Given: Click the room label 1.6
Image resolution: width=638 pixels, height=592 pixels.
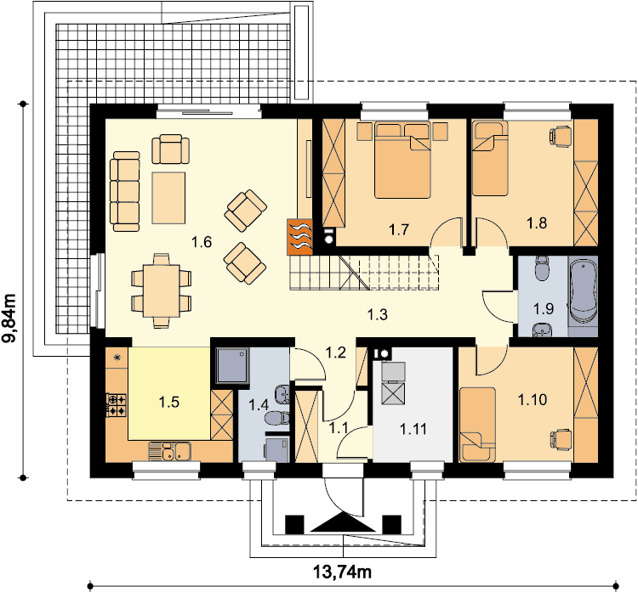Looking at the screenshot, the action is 202,242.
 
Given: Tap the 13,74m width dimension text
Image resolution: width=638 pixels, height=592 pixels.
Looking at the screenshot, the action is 342,572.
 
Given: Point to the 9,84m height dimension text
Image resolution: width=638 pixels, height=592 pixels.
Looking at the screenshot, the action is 9,318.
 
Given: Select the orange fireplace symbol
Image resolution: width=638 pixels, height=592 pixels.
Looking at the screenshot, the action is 299,237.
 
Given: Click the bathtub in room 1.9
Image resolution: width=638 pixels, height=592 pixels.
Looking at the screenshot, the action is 583,291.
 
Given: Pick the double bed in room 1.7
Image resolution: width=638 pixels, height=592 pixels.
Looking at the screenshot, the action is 402,160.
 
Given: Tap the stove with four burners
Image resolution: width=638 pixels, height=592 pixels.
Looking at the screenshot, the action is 117,405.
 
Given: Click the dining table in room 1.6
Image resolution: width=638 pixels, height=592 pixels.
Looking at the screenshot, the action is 161,290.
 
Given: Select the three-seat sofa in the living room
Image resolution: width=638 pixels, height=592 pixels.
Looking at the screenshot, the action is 125,191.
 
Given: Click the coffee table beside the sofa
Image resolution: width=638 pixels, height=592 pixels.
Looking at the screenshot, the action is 168,198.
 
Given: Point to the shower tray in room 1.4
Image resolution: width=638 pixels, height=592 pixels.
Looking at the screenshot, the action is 232,365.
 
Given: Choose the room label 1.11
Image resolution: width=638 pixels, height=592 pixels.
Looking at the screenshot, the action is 413,429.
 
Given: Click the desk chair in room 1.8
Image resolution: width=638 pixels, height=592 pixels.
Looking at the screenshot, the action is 561,134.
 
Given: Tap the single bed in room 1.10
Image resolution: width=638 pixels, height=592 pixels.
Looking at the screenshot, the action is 478,425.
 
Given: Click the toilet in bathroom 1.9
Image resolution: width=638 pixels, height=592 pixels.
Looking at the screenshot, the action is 542,268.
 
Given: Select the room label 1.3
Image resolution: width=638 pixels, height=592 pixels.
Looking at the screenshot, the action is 377,314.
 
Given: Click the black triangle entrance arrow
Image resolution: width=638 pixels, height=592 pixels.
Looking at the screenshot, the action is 343,522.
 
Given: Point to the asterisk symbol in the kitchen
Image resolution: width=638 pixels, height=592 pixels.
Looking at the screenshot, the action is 117,358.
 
